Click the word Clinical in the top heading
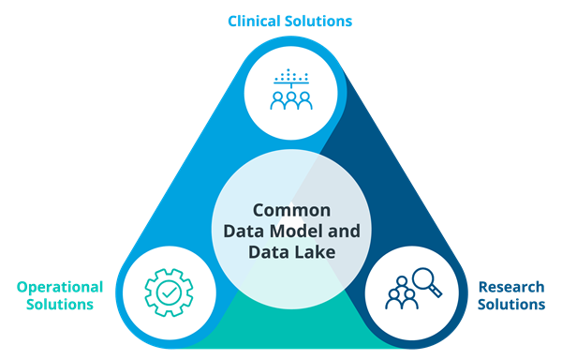(255, 21)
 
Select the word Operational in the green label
(60, 287)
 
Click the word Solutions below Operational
(60, 305)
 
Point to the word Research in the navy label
(511, 287)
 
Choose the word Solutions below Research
(511, 305)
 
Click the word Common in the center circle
(291, 210)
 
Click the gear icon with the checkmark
(169, 292)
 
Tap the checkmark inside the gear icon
(170, 292)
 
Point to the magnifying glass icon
(427, 282)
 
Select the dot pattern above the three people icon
(291, 75)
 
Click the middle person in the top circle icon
(291, 100)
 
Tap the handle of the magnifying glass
(436, 291)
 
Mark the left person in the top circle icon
(278, 100)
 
